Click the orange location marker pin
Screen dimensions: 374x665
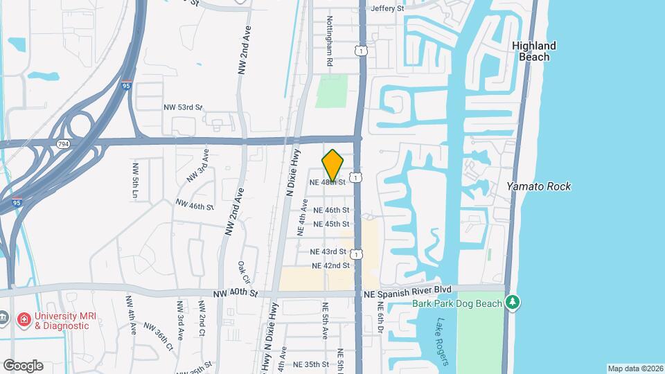333,165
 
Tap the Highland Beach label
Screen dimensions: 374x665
534,51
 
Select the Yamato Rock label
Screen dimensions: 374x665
538,186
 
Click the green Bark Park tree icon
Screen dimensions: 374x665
513,303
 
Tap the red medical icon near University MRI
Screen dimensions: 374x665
23,319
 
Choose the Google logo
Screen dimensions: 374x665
23,366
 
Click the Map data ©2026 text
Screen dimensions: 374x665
635,368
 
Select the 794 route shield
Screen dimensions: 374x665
63,143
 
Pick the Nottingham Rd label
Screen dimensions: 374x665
330,42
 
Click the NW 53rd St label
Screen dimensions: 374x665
183,107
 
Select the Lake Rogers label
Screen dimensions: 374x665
443,342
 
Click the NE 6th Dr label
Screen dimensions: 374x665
381,325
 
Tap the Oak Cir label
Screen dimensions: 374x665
243,275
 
